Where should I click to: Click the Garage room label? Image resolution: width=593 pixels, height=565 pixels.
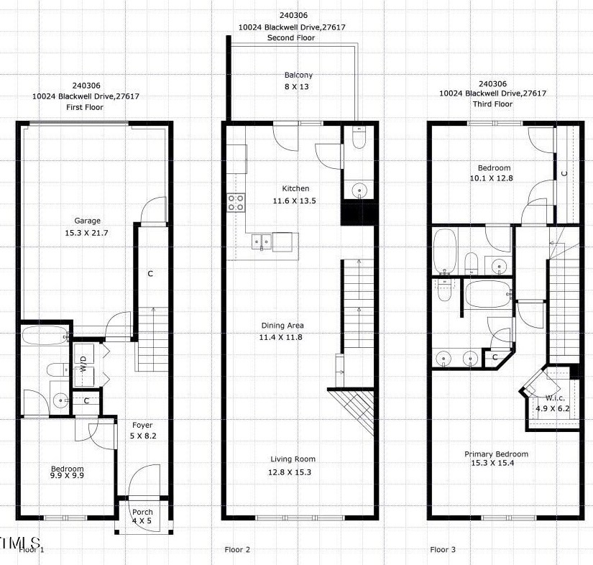[x=87, y=221]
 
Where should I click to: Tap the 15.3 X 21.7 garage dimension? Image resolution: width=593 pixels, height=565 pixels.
[x=86, y=233]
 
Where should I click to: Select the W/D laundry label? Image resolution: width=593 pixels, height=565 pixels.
[x=83, y=364]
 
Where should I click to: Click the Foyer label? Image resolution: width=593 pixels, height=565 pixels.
[x=142, y=426]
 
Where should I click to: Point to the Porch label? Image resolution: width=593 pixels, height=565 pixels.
[x=142, y=512]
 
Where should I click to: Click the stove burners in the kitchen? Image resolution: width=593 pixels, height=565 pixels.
[x=236, y=203]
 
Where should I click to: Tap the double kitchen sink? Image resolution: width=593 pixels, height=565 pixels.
[x=262, y=242]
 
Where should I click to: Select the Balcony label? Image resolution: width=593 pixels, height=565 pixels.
[x=298, y=75]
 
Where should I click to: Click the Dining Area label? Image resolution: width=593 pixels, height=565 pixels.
[x=282, y=325]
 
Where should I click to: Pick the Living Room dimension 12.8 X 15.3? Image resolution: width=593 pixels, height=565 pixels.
[x=290, y=472]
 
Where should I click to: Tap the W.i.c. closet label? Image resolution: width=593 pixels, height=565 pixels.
[x=555, y=398]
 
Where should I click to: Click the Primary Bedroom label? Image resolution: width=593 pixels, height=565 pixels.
[x=496, y=454]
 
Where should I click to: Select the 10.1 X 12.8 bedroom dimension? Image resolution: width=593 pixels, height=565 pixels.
[x=491, y=178]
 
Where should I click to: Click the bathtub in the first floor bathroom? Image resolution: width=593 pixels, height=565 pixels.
[x=45, y=336]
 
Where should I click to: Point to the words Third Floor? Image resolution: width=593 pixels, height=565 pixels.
[x=492, y=104]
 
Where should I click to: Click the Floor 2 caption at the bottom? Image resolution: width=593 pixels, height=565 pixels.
[x=237, y=549]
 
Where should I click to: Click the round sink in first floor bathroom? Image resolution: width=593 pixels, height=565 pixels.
[x=60, y=400]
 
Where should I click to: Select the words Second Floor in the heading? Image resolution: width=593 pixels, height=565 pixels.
[x=291, y=38]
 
